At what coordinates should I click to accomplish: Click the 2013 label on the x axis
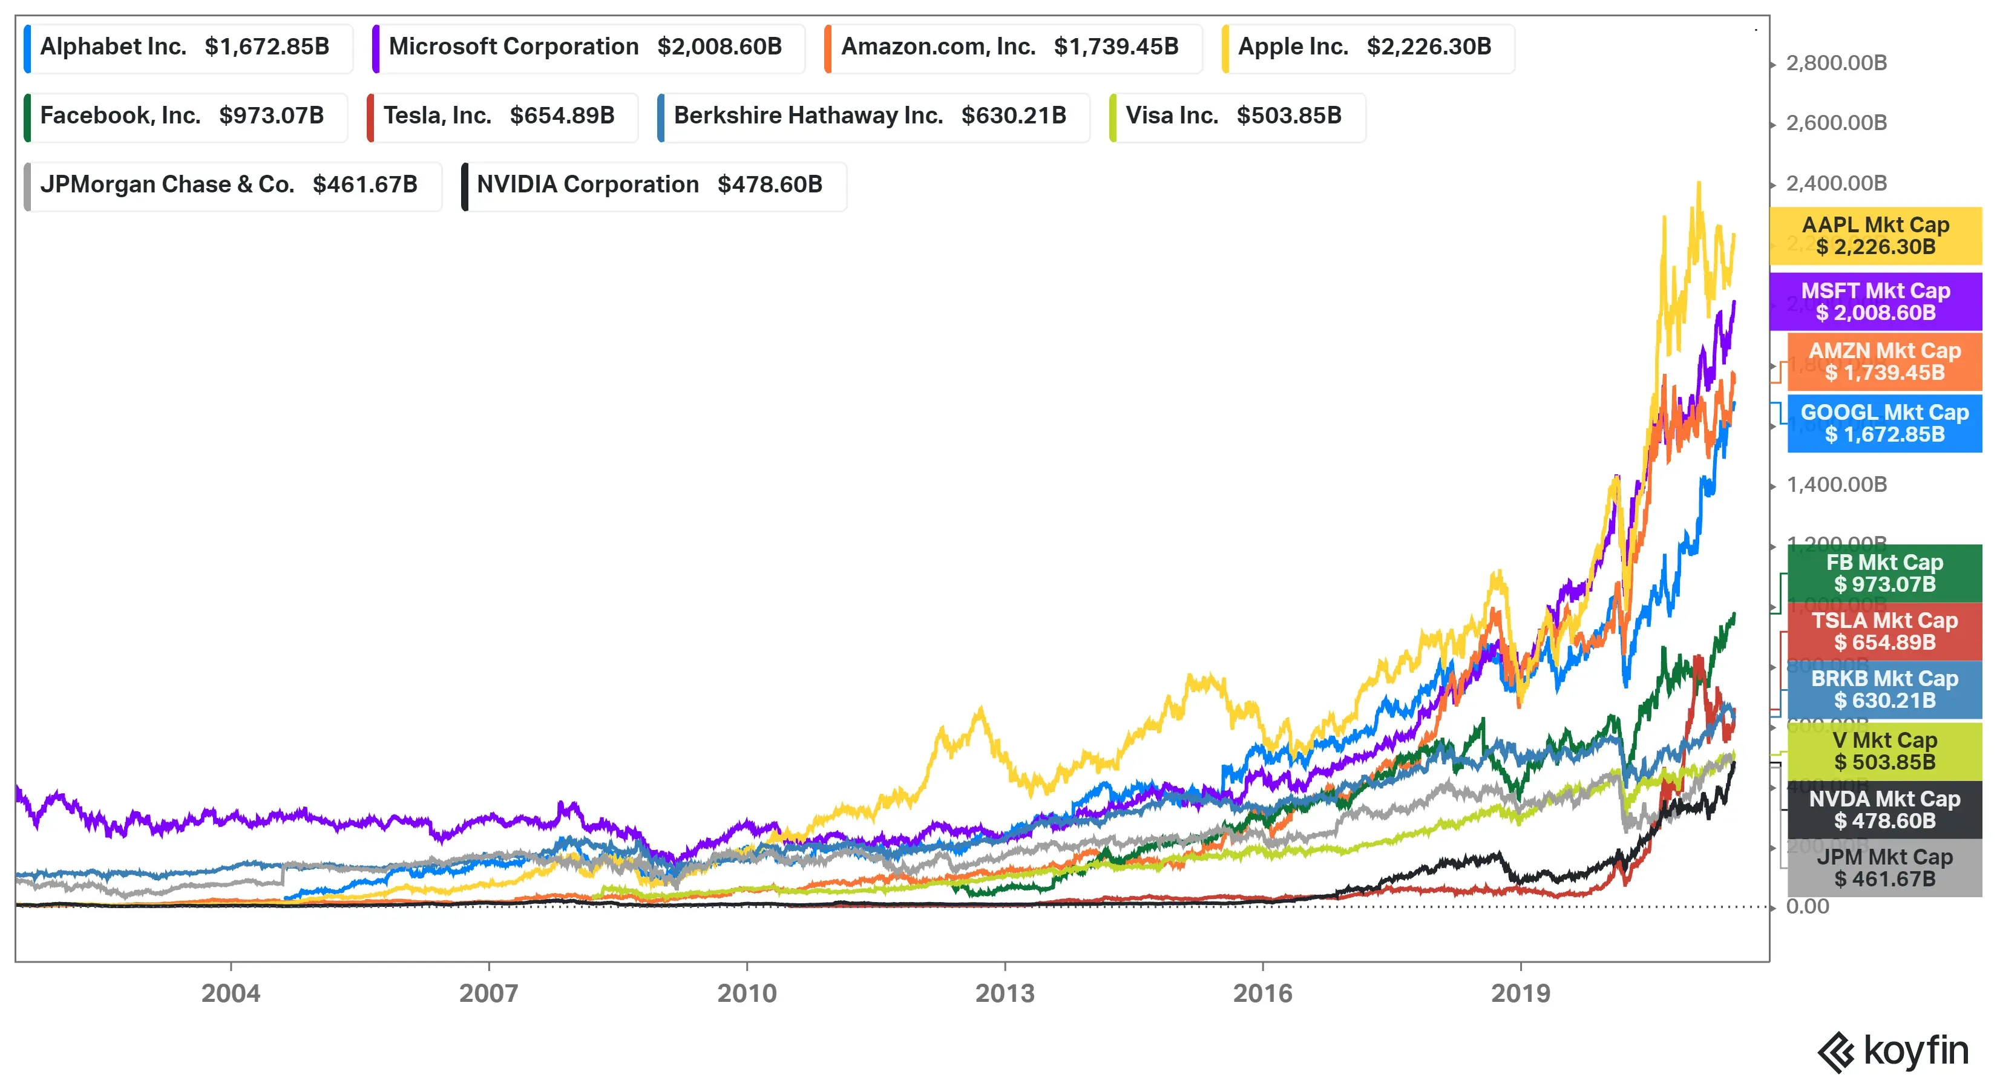point(1005,993)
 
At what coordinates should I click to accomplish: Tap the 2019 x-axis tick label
point(1520,993)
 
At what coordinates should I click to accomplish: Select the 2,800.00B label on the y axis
point(1836,63)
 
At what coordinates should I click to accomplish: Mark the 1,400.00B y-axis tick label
point(1836,485)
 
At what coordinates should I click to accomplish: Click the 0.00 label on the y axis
point(1807,907)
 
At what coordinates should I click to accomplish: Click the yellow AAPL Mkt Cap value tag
point(1875,235)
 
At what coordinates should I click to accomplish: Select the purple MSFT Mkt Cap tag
point(1875,301)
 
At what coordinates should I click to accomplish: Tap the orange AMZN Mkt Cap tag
point(1884,362)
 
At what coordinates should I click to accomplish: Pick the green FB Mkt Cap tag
point(1884,574)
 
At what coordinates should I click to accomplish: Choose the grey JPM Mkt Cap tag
point(1884,868)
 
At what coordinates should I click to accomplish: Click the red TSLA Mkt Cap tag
point(1884,632)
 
